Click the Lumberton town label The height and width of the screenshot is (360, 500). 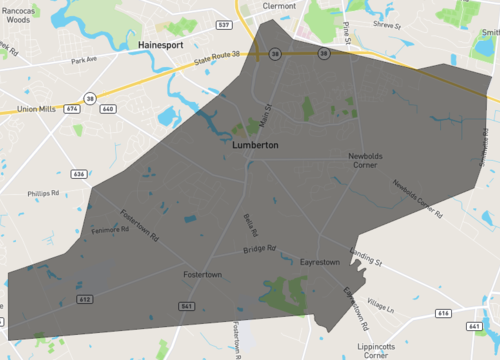(254, 146)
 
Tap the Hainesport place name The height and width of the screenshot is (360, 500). (163, 46)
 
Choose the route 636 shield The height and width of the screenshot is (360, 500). (79, 174)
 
